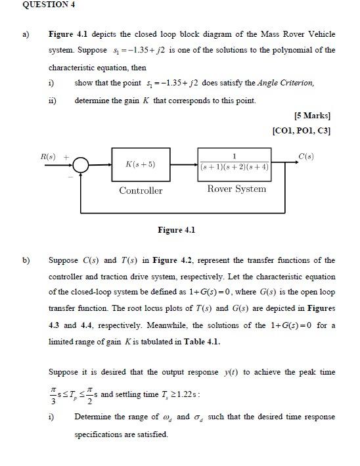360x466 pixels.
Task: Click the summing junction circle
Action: coord(81,164)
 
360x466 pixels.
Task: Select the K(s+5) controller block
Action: coord(140,164)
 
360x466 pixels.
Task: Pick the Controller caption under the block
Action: coord(141,191)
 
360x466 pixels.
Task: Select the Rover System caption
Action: coord(236,189)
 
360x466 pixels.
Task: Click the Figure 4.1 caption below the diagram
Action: coord(176,230)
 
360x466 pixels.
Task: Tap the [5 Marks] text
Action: coord(313,116)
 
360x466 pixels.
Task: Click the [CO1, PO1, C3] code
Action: coord(301,130)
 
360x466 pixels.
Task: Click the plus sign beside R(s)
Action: coord(66,157)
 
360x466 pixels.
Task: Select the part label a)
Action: coord(27,34)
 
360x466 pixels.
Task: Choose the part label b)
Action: coord(27,260)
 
